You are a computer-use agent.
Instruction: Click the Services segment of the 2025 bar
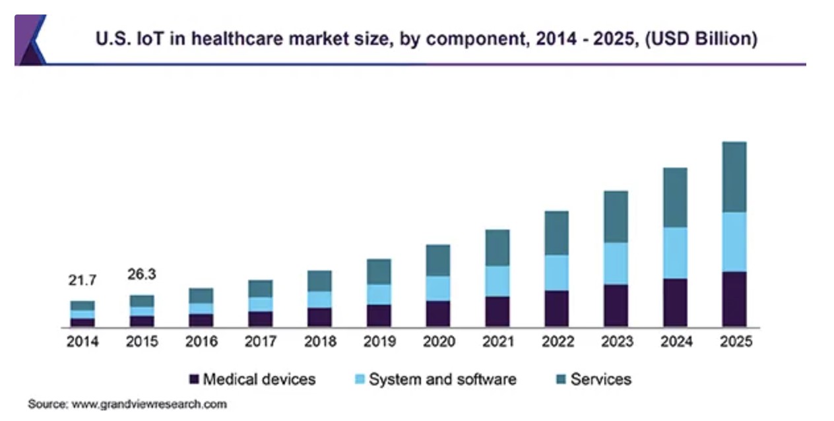(734, 177)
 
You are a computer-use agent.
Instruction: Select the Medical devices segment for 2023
(616, 306)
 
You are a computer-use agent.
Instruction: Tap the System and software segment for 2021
(497, 281)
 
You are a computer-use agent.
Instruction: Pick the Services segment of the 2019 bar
(379, 271)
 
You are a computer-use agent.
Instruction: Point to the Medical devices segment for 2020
(438, 314)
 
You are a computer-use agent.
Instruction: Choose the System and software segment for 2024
(675, 253)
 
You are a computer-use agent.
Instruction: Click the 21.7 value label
(82, 280)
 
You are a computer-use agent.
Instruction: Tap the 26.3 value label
(142, 274)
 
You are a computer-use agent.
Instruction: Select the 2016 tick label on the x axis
(201, 342)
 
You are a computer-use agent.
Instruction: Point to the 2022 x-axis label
(556, 342)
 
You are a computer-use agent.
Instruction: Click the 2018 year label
(319, 342)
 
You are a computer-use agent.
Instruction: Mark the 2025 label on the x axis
(734, 342)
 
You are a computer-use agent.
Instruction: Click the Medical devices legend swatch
(194, 379)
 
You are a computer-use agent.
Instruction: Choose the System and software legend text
(442, 379)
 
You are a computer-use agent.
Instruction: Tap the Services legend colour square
(561, 379)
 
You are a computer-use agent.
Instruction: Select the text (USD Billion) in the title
(701, 40)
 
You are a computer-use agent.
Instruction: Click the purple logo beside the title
(30, 40)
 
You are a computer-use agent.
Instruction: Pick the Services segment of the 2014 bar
(82, 306)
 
